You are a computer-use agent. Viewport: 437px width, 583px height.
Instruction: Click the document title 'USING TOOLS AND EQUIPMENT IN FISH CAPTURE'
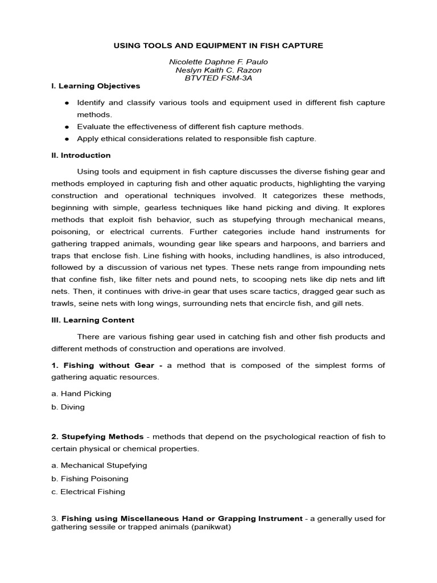[219, 45]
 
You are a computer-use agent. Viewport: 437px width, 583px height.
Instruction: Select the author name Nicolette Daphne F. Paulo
[219, 62]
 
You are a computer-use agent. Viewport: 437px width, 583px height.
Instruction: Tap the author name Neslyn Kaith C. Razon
[219, 70]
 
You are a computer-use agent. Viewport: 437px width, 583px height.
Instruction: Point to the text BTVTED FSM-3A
[219, 78]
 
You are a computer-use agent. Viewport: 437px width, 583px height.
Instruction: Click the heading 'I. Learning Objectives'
[96, 86]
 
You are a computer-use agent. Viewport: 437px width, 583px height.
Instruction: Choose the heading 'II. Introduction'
[81, 155]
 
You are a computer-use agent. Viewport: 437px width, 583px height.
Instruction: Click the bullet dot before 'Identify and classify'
[67, 102]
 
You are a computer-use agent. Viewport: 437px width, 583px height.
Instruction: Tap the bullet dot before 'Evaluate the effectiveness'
[67, 126]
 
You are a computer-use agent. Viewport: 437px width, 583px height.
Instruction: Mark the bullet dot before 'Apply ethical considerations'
[67, 138]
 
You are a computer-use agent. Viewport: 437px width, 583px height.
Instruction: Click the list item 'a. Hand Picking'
[81, 393]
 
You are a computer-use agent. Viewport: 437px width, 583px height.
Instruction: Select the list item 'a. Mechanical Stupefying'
[99, 465]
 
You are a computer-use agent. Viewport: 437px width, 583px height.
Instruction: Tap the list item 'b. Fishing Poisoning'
[90, 479]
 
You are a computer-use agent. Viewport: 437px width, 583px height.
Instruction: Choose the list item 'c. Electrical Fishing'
[88, 492]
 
